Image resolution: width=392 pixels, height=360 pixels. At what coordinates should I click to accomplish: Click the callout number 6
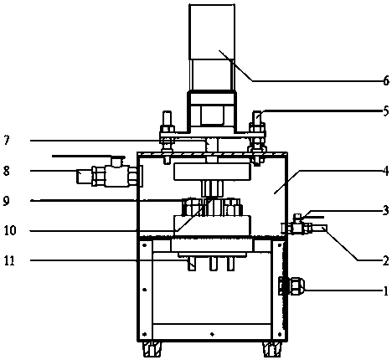(385, 80)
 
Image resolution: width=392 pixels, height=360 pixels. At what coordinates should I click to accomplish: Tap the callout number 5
(385, 111)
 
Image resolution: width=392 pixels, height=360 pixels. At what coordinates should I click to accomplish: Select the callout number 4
(385, 171)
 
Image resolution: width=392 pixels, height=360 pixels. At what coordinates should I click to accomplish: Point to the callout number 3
(385, 210)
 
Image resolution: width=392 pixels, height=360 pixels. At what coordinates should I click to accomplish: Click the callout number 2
(385, 260)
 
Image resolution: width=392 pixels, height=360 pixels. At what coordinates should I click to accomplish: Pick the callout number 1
(386, 291)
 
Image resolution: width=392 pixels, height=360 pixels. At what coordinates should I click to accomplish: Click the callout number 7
(8, 140)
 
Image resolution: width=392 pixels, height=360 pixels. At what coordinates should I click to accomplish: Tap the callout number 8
(7, 170)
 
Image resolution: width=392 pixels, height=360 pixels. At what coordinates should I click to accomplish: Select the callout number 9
(7, 201)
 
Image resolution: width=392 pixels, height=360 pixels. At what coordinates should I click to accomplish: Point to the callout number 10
(10, 230)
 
